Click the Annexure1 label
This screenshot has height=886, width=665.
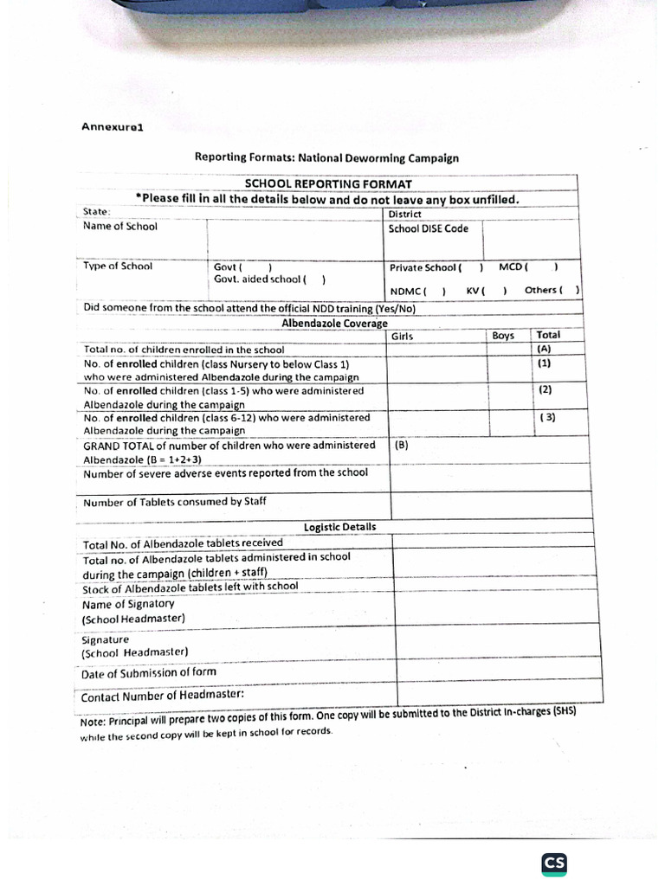[x=112, y=126]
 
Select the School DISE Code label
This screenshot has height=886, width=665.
[x=428, y=228]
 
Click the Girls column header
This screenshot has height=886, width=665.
[x=403, y=336]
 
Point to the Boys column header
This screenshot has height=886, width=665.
[x=502, y=336]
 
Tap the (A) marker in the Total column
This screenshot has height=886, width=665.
[x=545, y=349]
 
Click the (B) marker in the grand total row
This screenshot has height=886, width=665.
[x=401, y=446]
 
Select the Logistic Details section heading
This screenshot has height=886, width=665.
[x=339, y=527]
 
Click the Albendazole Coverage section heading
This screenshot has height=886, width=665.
[x=334, y=323]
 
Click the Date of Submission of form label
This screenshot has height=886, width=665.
[x=149, y=672]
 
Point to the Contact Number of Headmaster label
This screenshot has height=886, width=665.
[x=162, y=695]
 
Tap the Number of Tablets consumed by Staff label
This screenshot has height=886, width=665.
[x=175, y=502]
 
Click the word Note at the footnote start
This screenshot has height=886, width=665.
[x=92, y=722]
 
